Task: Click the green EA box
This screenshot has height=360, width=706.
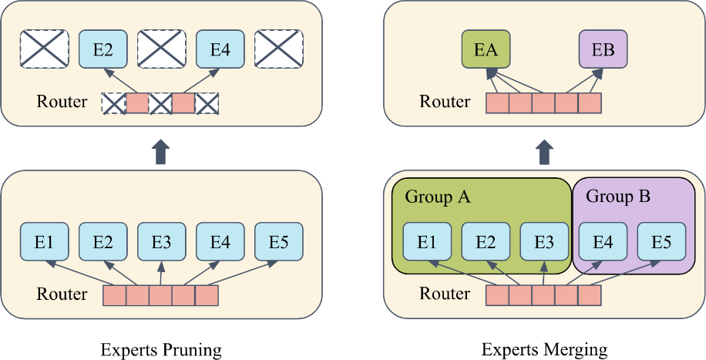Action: [x=486, y=49]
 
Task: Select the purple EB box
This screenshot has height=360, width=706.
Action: [x=603, y=49]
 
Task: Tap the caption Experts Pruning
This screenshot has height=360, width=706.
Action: [x=161, y=350]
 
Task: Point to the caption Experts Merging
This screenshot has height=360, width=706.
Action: [x=544, y=350]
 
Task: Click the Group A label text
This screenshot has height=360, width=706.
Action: [x=438, y=197]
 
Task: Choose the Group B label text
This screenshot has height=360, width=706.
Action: [x=618, y=197]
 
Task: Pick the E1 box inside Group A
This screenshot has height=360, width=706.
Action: [x=427, y=241]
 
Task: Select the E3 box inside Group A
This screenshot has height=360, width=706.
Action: [x=544, y=241]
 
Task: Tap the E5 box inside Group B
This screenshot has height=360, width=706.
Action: [x=661, y=241]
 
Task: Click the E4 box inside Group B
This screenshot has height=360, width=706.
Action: [x=603, y=241]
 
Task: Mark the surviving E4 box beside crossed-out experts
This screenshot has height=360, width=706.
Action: [x=220, y=49]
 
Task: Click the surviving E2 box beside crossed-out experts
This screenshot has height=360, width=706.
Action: [x=103, y=49]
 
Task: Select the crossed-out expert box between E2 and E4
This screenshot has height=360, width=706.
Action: [x=162, y=49]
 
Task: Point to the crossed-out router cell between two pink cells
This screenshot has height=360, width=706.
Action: [x=161, y=103]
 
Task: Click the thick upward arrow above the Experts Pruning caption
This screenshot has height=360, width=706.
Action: [x=161, y=151]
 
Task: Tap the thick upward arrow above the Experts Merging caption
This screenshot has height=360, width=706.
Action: [x=545, y=151]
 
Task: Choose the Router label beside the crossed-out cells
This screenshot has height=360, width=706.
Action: [x=62, y=102]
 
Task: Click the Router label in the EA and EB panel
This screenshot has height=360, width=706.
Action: [x=445, y=102]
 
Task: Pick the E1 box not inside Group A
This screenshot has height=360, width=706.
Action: [x=44, y=241]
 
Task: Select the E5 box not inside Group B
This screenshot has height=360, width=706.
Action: [x=279, y=241]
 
